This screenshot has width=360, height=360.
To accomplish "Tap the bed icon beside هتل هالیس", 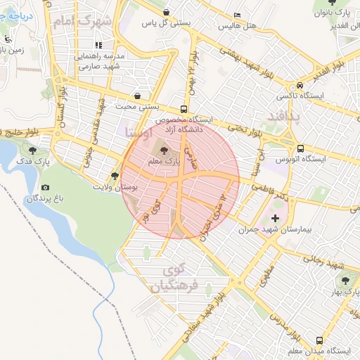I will [237, 15].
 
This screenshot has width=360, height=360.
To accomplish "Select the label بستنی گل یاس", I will [167, 23].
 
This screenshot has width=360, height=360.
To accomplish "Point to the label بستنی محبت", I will [138, 107].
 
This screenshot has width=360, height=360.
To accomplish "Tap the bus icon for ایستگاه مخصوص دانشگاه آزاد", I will [184, 109].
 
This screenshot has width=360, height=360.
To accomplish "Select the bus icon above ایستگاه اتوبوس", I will [301, 148].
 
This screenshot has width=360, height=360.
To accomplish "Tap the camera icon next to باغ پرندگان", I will [46, 188].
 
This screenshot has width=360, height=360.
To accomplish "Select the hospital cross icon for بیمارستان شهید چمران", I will [275, 219].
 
